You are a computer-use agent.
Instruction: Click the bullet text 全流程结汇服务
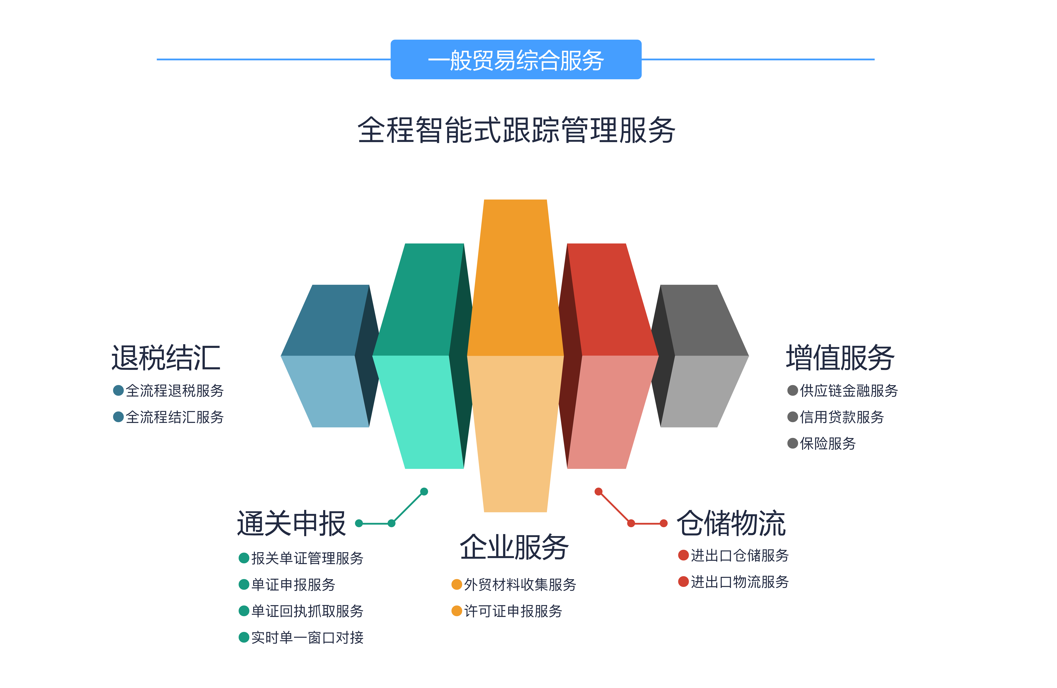click(175, 417)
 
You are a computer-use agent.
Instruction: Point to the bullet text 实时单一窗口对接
click(307, 638)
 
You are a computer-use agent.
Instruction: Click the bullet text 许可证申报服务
click(513, 611)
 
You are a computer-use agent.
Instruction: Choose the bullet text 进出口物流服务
click(739, 582)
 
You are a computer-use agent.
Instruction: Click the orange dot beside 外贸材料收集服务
click(457, 584)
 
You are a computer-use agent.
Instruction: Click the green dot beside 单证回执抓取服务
click(244, 611)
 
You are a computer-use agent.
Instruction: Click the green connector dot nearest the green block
click(424, 492)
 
